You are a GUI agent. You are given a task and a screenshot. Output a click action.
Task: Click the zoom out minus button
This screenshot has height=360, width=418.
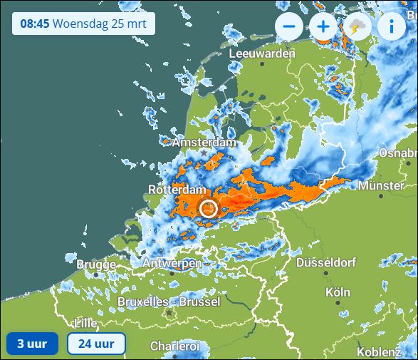289,27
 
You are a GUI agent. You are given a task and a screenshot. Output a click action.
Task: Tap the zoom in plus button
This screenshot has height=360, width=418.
323,27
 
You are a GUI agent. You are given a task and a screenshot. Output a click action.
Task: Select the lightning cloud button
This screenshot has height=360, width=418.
357,27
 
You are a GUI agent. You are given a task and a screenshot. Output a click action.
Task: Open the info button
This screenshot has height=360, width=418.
391,27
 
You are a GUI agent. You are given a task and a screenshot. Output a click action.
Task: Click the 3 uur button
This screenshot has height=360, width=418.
32,344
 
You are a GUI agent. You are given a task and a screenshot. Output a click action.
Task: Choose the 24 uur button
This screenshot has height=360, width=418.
96,344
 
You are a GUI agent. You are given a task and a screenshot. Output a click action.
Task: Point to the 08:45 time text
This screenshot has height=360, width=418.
34,23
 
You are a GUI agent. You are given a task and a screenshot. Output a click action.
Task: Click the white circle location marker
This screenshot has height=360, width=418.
208,208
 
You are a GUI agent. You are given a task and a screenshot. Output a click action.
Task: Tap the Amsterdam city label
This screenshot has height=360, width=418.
204,143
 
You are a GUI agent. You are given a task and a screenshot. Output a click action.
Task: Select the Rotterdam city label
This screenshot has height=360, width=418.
177,190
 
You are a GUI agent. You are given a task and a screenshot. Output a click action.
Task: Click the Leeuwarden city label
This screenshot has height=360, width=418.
262,54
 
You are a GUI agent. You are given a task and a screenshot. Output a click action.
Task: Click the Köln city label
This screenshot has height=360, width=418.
338,292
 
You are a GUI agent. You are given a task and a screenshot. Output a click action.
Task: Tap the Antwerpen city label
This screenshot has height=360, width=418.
172,264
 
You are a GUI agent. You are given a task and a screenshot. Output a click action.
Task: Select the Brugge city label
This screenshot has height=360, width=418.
95,264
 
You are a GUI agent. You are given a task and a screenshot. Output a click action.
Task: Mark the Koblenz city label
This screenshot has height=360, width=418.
379,351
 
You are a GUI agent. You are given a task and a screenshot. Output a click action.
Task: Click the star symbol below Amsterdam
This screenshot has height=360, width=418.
204,153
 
